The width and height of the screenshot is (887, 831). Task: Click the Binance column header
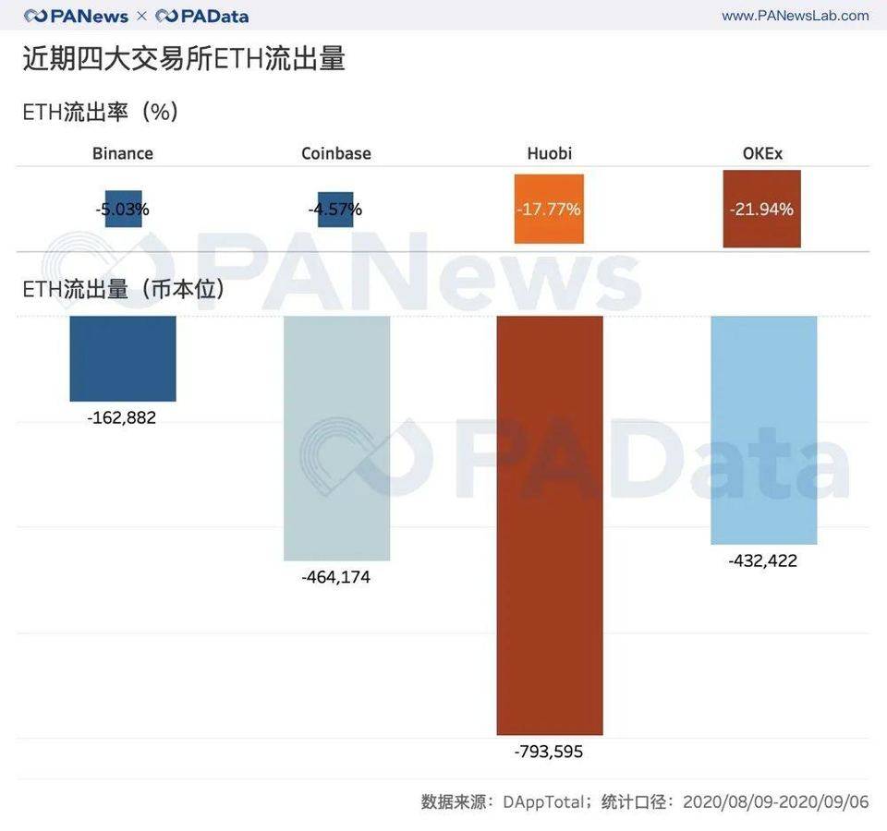123,153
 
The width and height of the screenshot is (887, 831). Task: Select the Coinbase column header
336,153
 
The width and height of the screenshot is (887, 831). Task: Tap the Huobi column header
549,153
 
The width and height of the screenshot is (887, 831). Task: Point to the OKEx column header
762,153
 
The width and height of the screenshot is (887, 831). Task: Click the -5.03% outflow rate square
123,210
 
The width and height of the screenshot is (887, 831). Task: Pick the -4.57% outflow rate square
335,210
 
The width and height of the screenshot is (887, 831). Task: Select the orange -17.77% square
549,210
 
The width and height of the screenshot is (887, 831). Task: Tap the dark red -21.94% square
762,210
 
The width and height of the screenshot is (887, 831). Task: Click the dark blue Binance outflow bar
123,358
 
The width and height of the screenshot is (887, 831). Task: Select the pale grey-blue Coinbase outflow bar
336,438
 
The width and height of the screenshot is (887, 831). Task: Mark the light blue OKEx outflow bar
763,429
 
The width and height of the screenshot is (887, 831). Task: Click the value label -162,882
122,417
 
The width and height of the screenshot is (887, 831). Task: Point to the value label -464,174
335,577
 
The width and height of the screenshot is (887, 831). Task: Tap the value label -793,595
549,752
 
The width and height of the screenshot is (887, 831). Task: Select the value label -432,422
762,560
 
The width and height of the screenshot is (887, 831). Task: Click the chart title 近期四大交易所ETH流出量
184,59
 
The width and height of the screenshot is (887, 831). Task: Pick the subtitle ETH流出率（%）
101,112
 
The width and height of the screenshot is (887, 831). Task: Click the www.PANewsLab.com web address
795,16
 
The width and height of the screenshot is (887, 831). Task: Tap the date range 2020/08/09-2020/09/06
776,801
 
